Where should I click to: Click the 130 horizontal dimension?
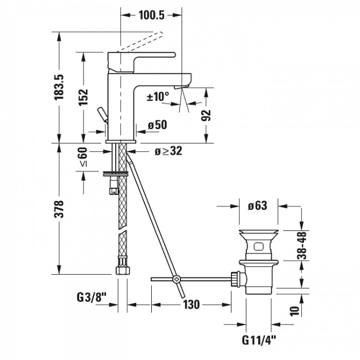click(191, 305)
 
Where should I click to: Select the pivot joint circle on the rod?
click(177, 279)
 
